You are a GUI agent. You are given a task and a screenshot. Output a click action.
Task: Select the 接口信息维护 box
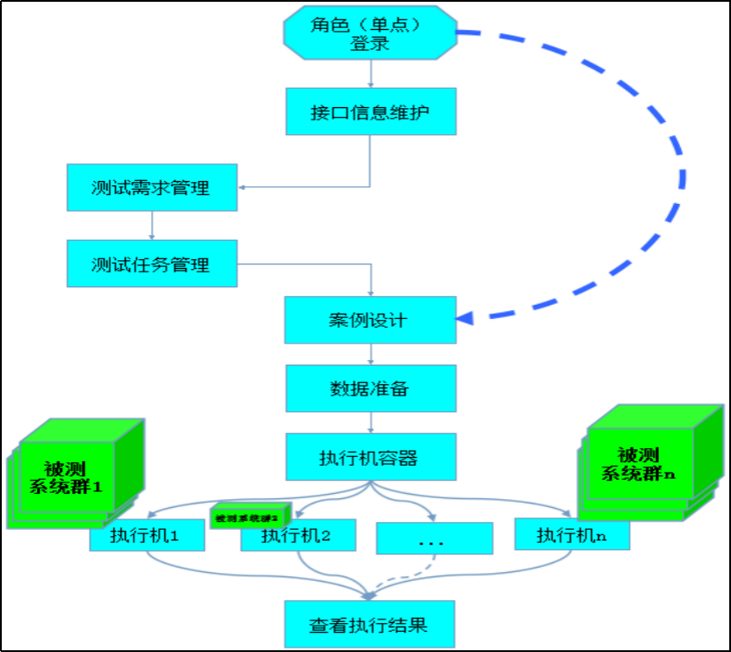(371, 112)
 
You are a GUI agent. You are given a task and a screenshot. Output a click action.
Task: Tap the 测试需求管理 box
(151, 188)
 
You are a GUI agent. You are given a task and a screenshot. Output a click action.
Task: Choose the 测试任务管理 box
(151, 264)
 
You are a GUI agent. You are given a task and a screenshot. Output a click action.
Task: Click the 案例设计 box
(371, 320)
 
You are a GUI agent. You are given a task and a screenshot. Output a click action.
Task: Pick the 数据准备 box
(371, 388)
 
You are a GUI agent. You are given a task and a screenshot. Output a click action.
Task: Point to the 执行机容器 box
(371, 457)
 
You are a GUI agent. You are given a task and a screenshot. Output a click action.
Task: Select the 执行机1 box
(147, 536)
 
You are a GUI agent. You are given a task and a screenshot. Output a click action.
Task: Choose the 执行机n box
(572, 535)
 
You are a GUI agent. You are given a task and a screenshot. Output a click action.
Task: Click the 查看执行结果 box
(370, 625)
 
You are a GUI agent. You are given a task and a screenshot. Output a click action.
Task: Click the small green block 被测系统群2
(251, 516)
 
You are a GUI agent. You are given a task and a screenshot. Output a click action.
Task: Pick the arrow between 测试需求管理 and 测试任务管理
(152, 226)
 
